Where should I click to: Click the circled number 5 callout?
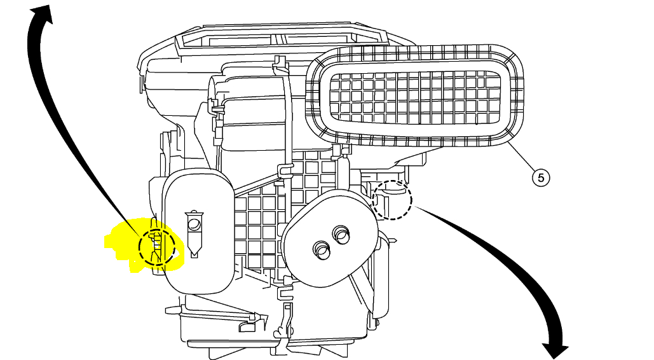(540, 177)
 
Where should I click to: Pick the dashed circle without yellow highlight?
(392, 200)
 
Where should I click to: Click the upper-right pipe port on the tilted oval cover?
(342, 235)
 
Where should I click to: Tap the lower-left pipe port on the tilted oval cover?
(321, 251)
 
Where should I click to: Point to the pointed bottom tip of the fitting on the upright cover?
(193, 256)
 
